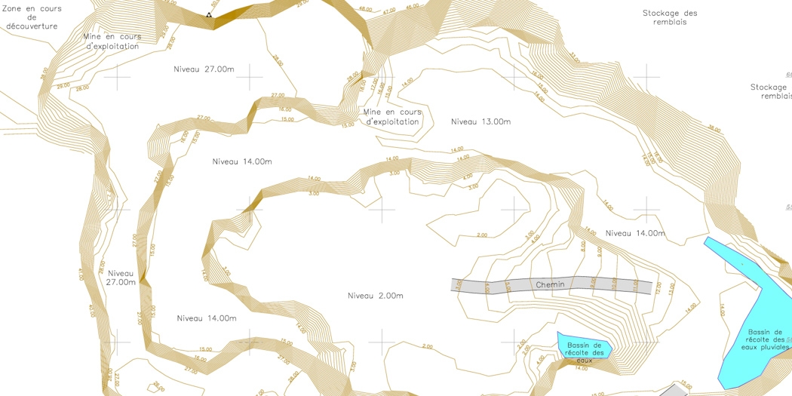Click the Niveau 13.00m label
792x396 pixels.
[x=480, y=121]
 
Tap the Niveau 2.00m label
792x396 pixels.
[x=375, y=296]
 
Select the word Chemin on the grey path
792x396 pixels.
[x=550, y=284]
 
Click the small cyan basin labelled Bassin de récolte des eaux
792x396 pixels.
[x=583, y=346]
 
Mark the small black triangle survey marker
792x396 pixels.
[x=209, y=15]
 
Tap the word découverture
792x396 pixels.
[x=32, y=26]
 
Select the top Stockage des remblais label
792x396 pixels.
[x=670, y=17]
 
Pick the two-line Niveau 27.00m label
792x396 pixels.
[x=121, y=278]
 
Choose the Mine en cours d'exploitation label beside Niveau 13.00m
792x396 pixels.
[x=391, y=117]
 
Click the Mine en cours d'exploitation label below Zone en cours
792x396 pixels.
[x=112, y=41]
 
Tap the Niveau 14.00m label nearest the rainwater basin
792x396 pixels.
[x=635, y=233]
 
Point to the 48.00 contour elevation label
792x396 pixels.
[x=365, y=10]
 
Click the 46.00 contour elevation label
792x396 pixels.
[x=412, y=7]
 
